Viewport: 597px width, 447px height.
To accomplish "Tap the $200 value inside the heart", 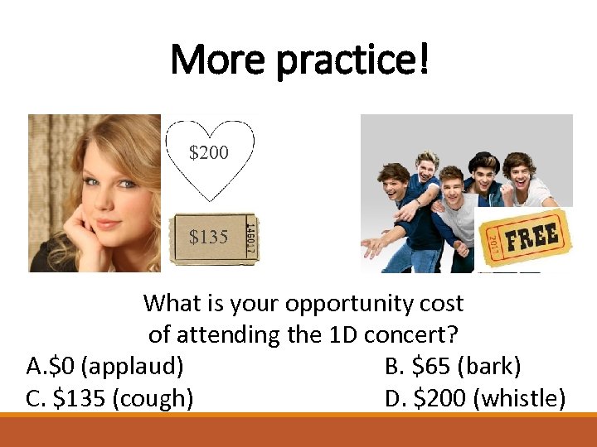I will click(209, 152).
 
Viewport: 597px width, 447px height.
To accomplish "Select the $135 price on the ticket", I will click(208, 238).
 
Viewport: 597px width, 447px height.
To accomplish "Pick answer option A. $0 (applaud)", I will click(105, 366).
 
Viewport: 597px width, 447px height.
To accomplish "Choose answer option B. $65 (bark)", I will click(453, 366).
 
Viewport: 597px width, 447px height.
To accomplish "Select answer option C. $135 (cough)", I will click(110, 398).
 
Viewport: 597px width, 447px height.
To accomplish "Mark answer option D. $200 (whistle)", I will click(475, 398).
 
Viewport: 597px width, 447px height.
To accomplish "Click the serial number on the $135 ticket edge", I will click(250, 238).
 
